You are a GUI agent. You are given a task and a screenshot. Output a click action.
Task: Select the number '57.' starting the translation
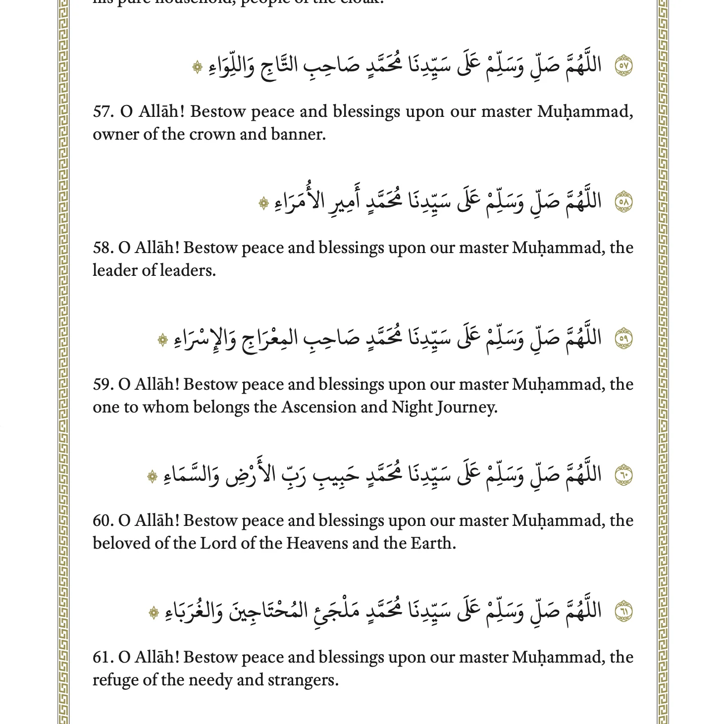click(x=103, y=111)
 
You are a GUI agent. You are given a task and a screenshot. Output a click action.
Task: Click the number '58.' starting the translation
click(x=103, y=248)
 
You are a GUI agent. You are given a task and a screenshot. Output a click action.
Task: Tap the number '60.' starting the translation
click(x=103, y=520)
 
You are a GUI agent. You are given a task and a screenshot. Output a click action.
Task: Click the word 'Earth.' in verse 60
click(x=433, y=543)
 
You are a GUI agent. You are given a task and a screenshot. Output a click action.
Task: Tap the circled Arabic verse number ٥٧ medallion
click(x=623, y=65)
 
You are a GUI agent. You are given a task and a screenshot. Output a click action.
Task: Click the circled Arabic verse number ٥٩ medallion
click(x=623, y=339)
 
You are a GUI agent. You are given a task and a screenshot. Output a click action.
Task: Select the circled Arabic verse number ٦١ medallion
click(x=623, y=612)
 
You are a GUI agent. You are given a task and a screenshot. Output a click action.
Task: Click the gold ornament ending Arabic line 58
click(x=263, y=203)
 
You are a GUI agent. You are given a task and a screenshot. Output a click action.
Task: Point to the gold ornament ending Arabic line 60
click(x=153, y=476)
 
